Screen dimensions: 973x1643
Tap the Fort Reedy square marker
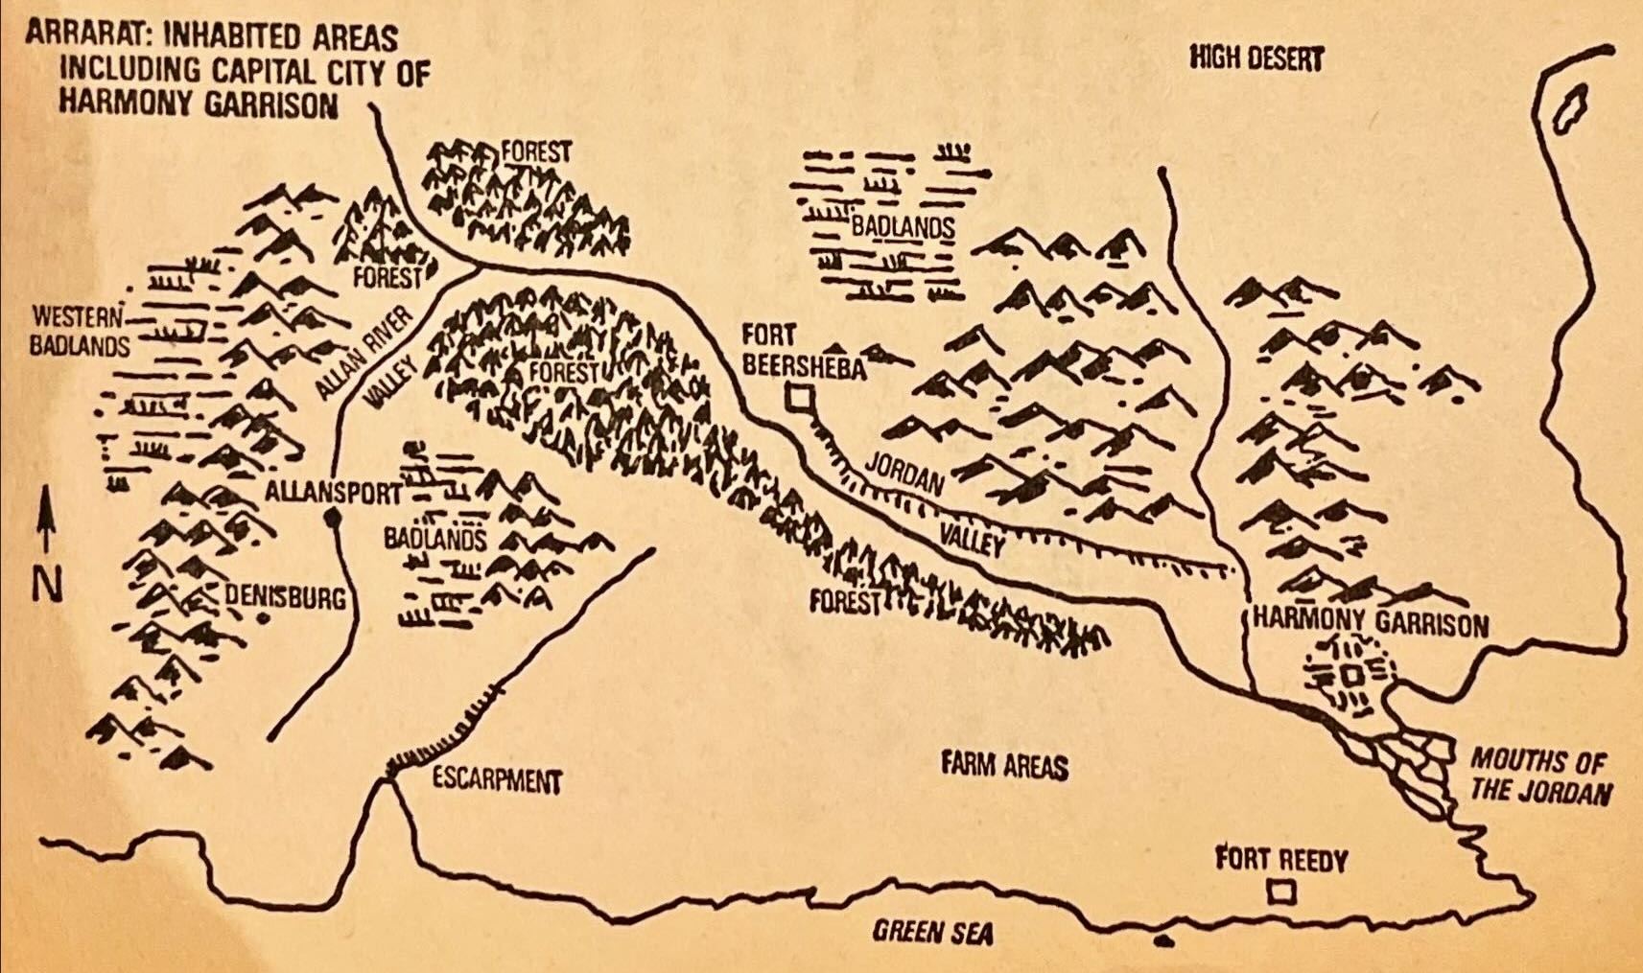point(1281,893)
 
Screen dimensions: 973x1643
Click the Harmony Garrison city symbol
point(1350,676)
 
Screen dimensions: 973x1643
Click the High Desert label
point(1256,58)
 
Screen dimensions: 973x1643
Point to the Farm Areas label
point(1003,765)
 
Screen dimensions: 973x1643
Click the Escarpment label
point(496,780)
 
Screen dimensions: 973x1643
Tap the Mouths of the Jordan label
point(1541,776)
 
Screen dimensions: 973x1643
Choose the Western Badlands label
point(79,331)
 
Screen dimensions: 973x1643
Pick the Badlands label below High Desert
point(902,227)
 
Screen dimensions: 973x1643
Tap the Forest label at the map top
point(536,151)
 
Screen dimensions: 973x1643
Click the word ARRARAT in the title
point(80,36)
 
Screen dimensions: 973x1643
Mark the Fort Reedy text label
point(1280,859)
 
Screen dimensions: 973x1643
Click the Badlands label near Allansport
point(434,539)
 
